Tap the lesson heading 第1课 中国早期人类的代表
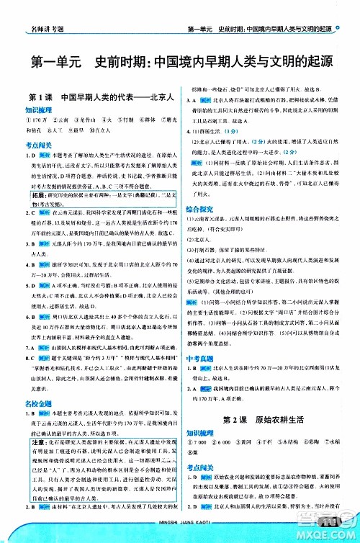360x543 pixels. click(x=94, y=96)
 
